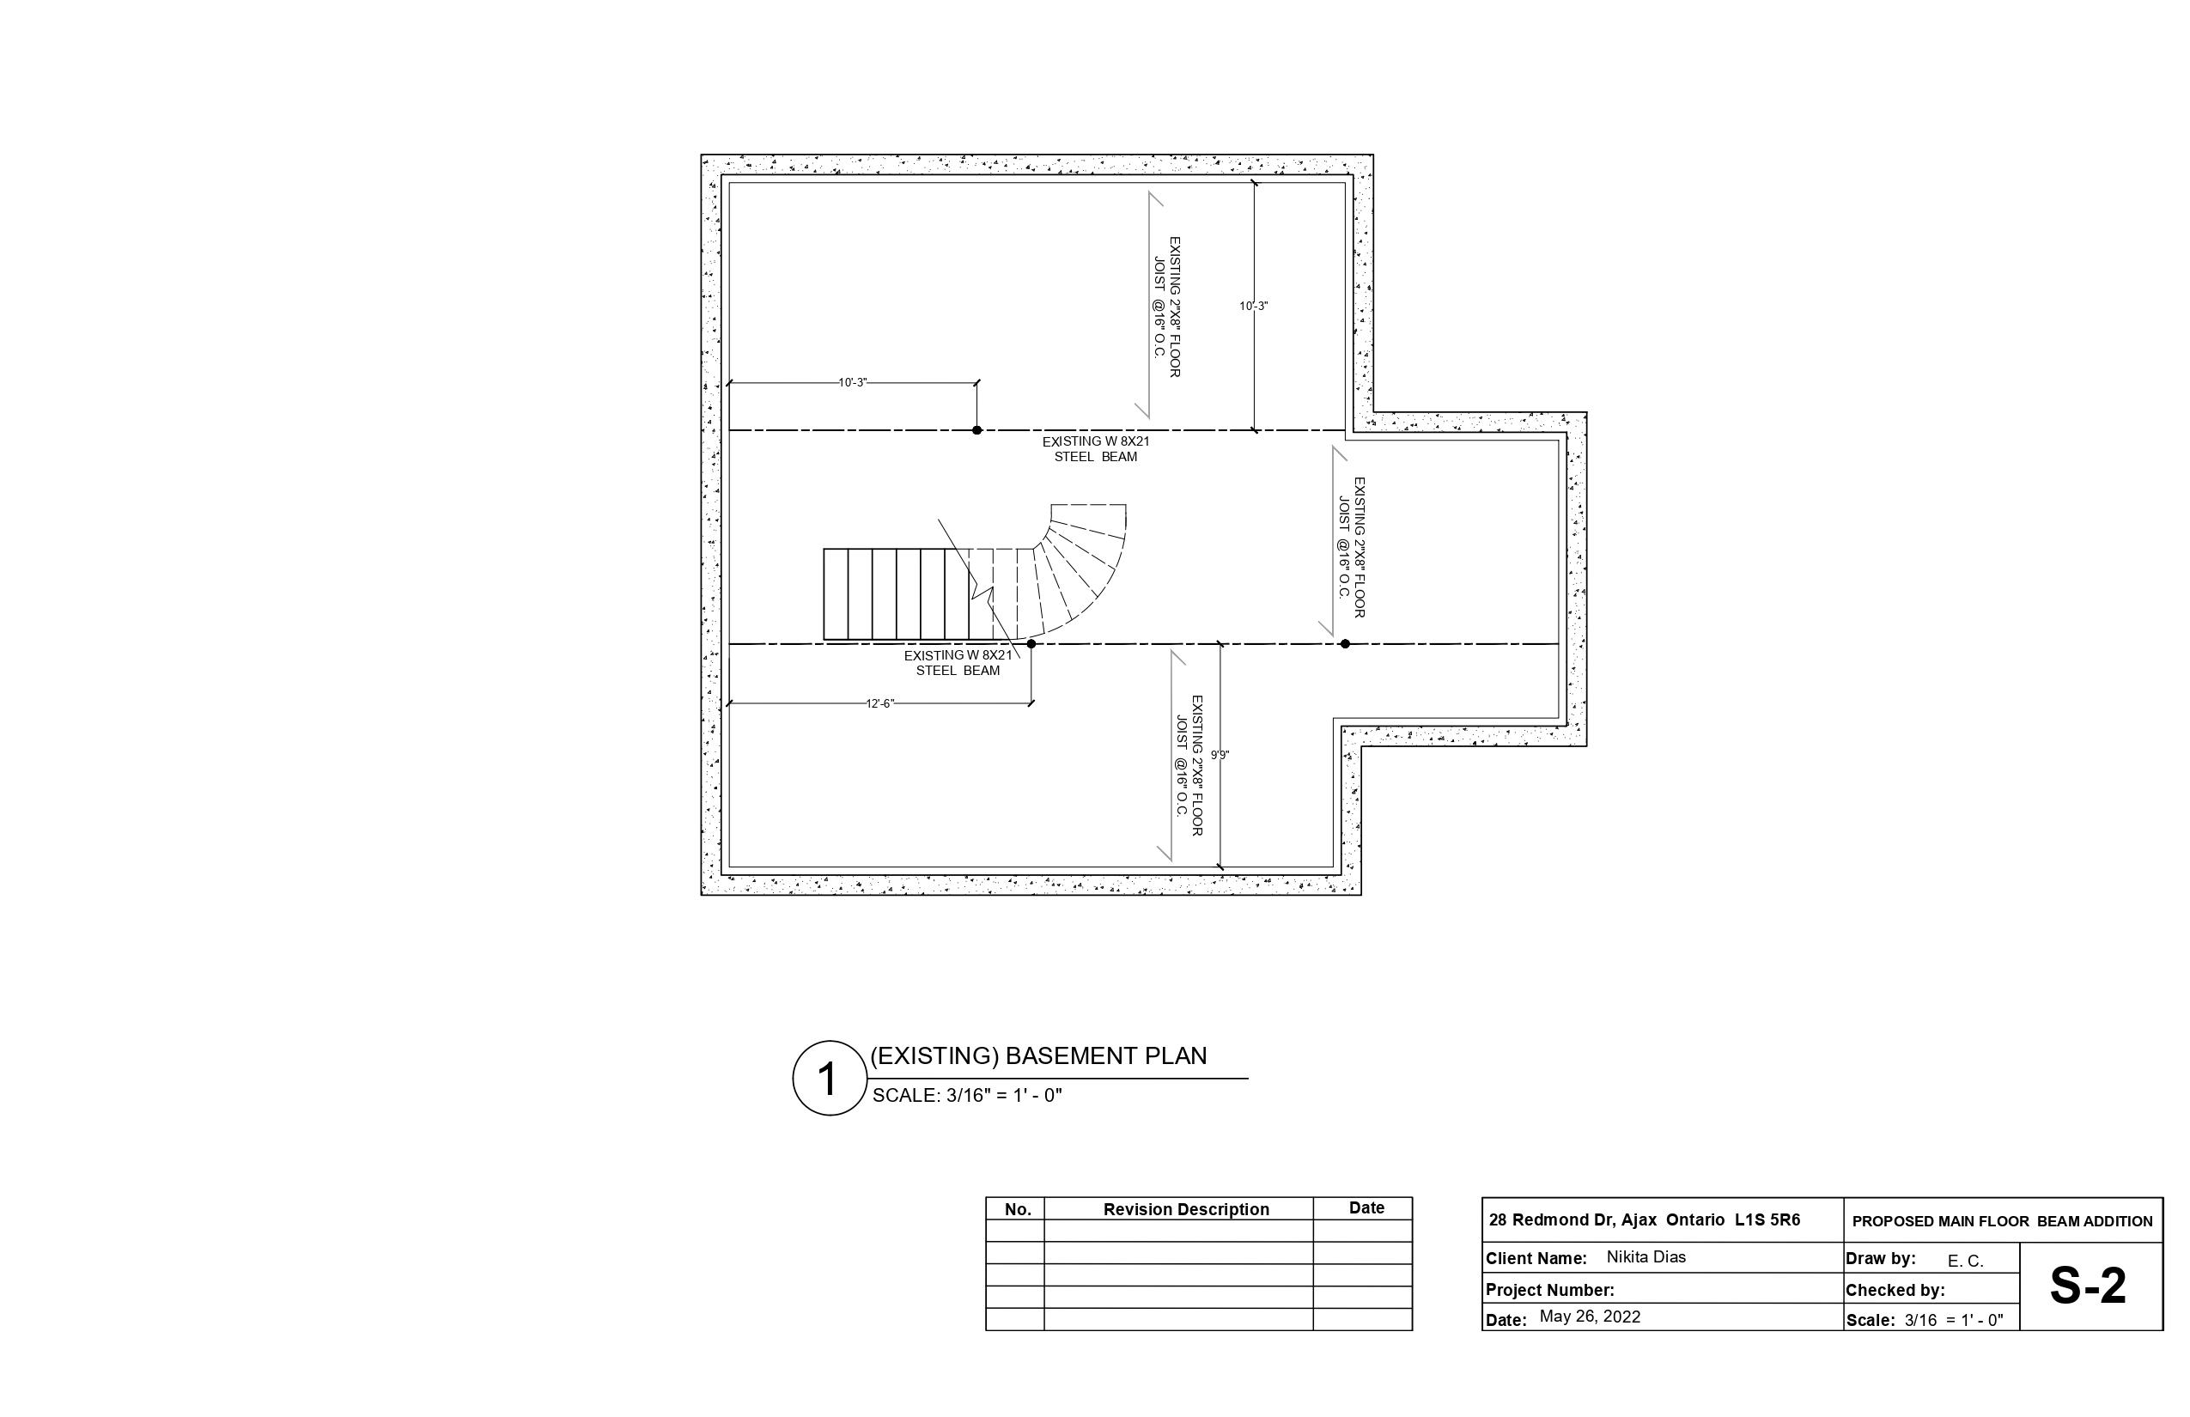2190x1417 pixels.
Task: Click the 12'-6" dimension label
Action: [x=879, y=704]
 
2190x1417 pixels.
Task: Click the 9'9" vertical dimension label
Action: [x=1220, y=756]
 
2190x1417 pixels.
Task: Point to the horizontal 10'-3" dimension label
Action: [x=853, y=383]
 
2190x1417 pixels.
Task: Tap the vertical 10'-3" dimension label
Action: [x=1253, y=307]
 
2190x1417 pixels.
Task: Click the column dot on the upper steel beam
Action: [x=977, y=430]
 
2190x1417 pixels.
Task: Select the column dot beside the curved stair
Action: [x=1031, y=644]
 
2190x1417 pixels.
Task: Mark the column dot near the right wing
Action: [x=1345, y=644]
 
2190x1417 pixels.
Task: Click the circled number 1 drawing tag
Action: [x=830, y=1079]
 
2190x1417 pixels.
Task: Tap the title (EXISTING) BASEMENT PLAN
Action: [x=1038, y=1056]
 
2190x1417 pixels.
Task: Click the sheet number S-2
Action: [x=2088, y=1286]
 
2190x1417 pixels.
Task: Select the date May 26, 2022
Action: [x=1590, y=1317]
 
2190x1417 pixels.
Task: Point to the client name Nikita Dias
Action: [x=1646, y=1257]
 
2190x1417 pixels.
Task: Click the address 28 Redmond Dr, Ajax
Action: [x=1573, y=1220]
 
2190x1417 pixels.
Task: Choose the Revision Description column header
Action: [x=1186, y=1210]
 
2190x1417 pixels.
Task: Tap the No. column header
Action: [x=1018, y=1210]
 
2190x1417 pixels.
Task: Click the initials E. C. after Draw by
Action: [x=1966, y=1262]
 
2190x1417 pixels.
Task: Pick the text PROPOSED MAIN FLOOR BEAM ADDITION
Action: [x=2002, y=1222]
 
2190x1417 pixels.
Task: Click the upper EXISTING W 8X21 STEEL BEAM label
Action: [x=1096, y=449]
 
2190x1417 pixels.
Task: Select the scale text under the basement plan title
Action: [x=967, y=1096]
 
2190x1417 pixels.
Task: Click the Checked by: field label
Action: [x=1895, y=1290]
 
